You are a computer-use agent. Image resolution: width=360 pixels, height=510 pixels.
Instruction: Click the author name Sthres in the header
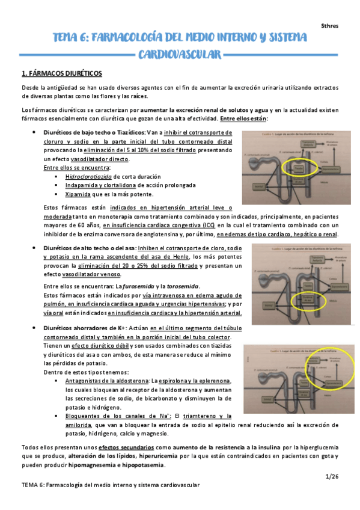[x=329, y=26]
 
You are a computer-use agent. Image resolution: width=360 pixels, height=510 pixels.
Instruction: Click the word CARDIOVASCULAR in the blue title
[x=180, y=56]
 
